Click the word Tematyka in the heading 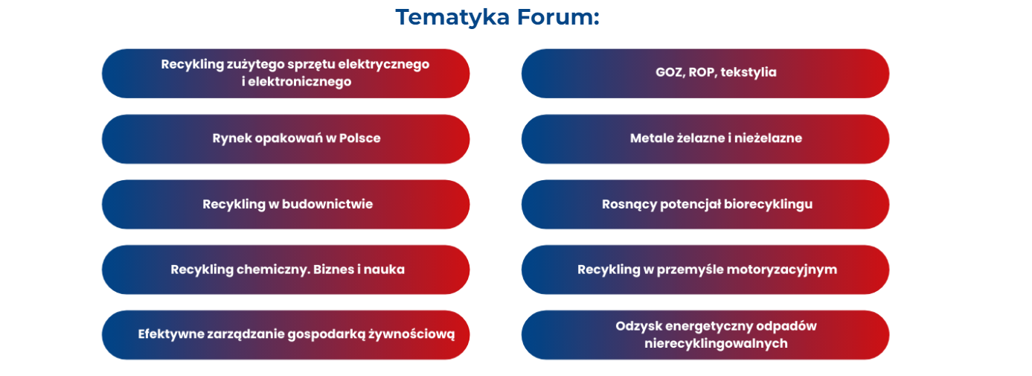click(452, 18)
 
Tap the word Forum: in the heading click(558, 17)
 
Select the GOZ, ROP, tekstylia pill click(705, 73)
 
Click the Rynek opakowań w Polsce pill click(286, 138)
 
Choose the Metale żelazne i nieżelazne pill click(705, 138)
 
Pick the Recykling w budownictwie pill click(286, 204)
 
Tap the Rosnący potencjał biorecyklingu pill click(705, 204)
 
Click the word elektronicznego click(300, 82)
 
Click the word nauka click(384, 270)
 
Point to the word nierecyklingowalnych click(716, 344)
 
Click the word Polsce click(360, 138)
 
